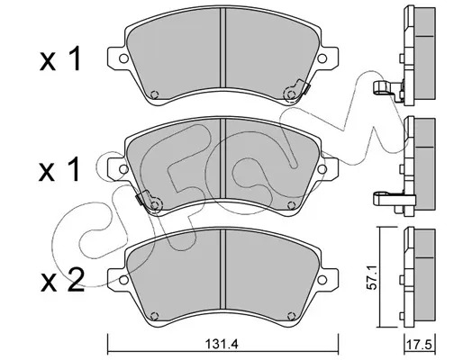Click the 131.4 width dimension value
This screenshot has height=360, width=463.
222,344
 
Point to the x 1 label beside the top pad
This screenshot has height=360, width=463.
60,58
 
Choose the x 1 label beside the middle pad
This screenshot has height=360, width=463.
59,169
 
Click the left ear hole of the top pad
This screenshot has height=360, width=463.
123,58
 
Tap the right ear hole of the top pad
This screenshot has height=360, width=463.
322,58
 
